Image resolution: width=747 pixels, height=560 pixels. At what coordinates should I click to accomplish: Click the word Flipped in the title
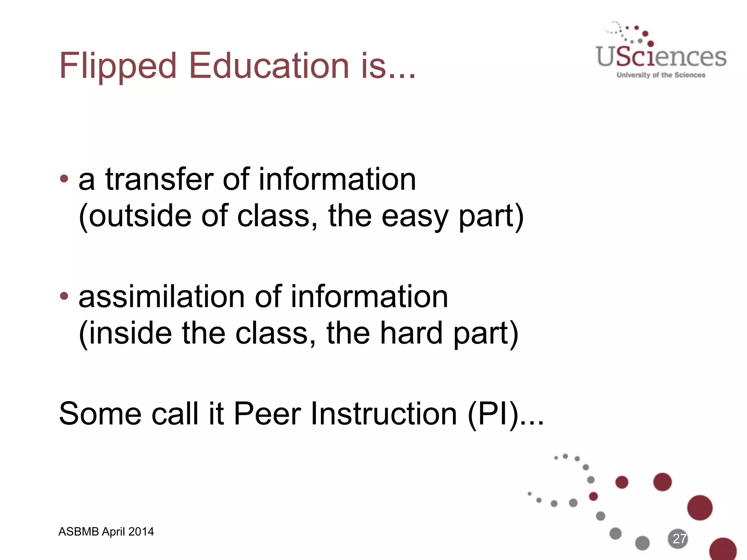coord(117,66)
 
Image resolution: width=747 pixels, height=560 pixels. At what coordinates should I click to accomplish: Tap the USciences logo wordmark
coord(661,58)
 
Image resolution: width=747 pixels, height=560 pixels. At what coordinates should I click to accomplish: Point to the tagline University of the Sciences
coord(661,75)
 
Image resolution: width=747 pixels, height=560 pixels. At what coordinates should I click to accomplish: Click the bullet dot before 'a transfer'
coord(64,179)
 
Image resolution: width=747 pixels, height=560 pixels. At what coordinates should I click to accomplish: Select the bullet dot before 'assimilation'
coord(64,296)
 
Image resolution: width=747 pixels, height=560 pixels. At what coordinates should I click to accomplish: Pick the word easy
coord(414,217)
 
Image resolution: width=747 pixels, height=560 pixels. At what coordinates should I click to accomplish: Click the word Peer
coord(267,414)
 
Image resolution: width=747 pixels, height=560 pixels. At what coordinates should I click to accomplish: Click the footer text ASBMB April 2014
coord(106,532)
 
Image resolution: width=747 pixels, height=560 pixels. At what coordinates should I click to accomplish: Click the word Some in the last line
coord(100,414)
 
